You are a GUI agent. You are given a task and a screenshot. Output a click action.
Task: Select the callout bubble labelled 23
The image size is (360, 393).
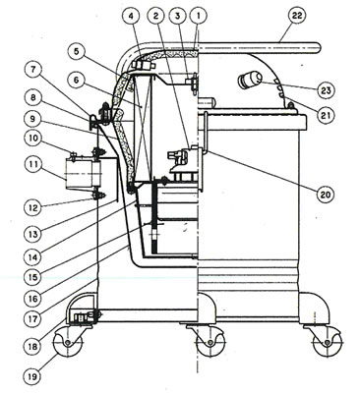tap(326, 89)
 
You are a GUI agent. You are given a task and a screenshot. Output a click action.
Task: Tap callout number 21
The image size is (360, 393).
tap(326, 115)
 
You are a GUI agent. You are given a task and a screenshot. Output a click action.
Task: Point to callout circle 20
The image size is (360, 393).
tap(326, 195)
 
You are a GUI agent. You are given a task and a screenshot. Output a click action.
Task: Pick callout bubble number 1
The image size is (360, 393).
tap(199, 16)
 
